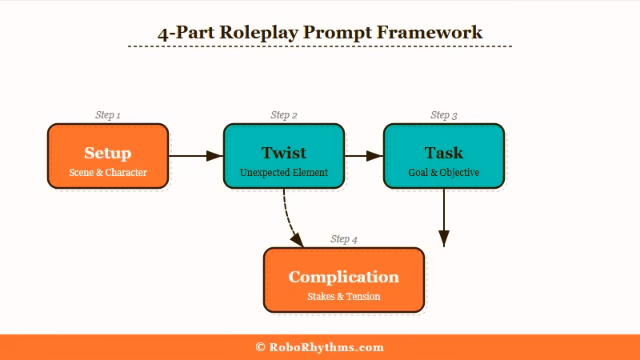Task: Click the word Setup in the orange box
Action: [107, 153]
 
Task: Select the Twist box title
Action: [283, 153]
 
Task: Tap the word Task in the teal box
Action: [443, 153]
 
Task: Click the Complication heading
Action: [343, 277]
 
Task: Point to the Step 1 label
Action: [107, 115]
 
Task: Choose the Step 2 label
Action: [283, 115]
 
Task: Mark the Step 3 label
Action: [443, 115]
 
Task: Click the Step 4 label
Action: [343, 239]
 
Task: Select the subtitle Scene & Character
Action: [107, 173]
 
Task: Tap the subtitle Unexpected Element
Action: [283, 173]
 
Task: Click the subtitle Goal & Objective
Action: [443, 173]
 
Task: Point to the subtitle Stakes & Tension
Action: [343, 297]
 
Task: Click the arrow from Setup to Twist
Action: [195, 156]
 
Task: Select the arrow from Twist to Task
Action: [363, 156]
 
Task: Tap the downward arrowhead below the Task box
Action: [444, 238]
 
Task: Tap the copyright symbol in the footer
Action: [260, 347]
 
